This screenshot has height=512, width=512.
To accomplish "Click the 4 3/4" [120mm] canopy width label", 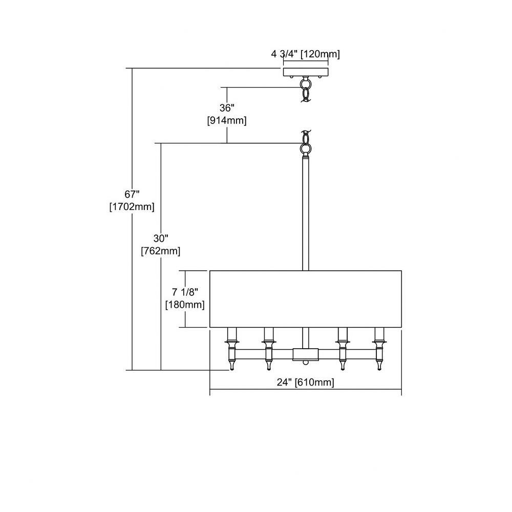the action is coord(305,54).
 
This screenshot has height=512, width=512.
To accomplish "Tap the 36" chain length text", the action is coord(227,108).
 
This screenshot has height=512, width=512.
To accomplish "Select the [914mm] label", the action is coord(227,120).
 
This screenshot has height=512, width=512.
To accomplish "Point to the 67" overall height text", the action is coord(132,194).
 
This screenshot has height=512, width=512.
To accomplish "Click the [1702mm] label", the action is coord(132,207).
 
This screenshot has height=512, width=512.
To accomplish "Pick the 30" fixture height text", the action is coord(161,239).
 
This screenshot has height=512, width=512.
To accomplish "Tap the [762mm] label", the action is coord(161,251).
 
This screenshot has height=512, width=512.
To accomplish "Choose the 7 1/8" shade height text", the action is coord(185,292).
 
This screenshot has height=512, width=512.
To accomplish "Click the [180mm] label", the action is coord(185,305).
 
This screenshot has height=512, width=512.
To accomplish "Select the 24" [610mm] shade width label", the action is coord(305,382).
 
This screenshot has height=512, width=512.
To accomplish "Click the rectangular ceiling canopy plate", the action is coord(306,72).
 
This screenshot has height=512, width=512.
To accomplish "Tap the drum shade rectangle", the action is coord(305,299).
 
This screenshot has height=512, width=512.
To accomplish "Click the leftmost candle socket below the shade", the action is coord(232,349).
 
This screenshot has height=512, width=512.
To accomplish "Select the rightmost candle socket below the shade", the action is coord(379,349).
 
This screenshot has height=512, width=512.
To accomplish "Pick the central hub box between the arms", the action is coord(305,354).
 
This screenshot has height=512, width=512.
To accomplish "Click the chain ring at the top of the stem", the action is coord(306,149).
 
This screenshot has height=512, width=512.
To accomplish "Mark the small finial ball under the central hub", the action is coord(305,362).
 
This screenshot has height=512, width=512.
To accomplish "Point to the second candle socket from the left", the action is coord(269,349).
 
